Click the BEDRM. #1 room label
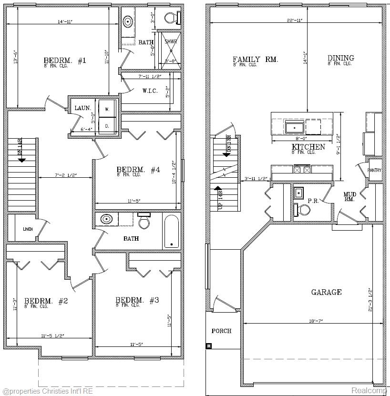[64, 61]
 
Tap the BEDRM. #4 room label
[138, 170]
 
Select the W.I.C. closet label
[150, 91]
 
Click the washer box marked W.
[107, 109]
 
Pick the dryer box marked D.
[107, 126]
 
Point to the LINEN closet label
[28, 229]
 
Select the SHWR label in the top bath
[171, 42]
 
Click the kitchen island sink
[294, 128]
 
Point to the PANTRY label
[374, 171]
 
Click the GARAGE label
[326, 292]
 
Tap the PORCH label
[221, 331]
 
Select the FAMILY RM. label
[255, 60]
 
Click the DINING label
[340, 58]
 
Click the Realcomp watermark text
[370, 390]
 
